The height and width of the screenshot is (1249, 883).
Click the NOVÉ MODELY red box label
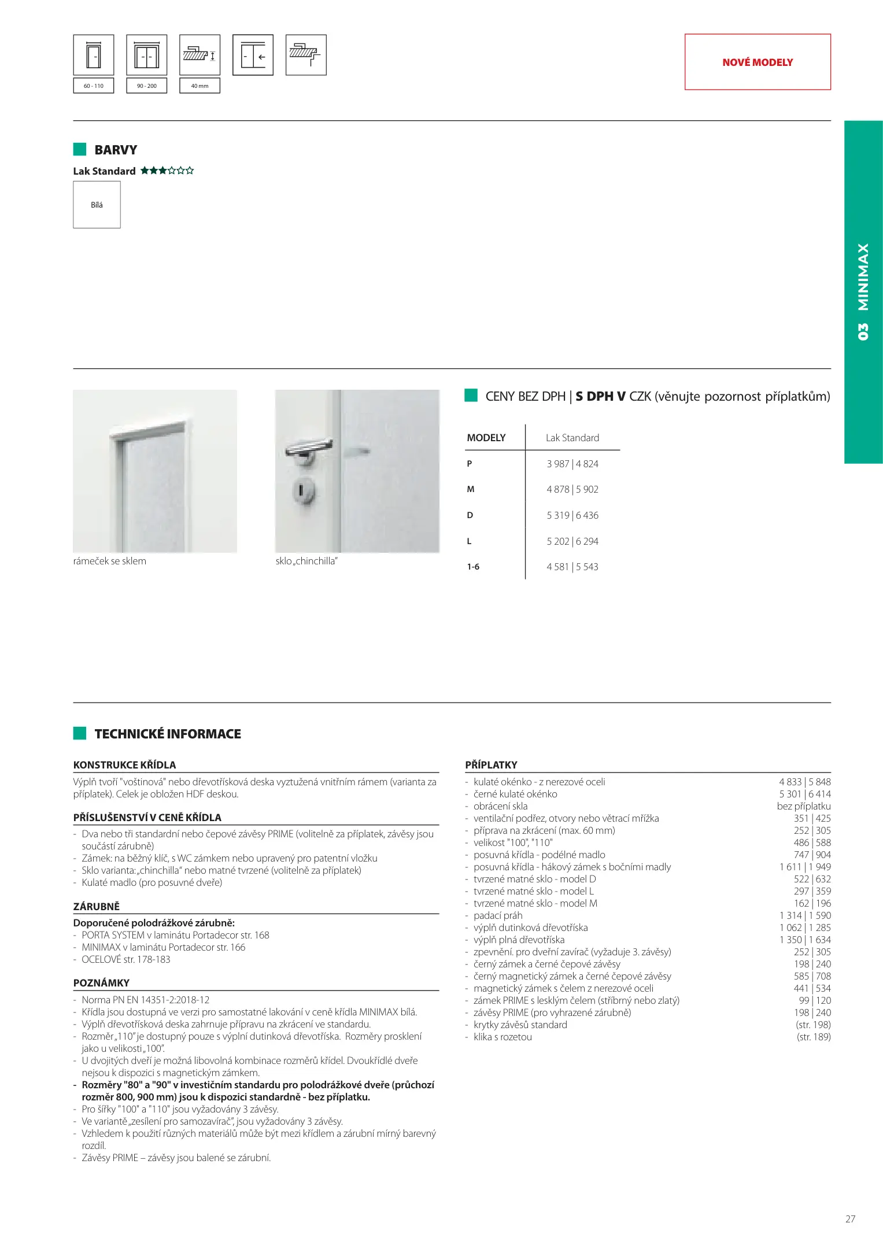pos(757,62)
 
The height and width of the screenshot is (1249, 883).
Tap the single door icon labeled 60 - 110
pos(94,56)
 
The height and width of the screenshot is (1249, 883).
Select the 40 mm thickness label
pos(199,86)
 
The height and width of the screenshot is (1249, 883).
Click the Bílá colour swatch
pos(97,205)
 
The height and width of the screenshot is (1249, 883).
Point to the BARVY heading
pos(116,150)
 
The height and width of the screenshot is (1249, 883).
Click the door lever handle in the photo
pos(309,448)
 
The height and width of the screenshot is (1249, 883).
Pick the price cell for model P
pos(572,464)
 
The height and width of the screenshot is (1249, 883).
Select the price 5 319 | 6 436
pos(572,515)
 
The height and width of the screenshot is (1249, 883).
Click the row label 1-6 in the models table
pos(473,567)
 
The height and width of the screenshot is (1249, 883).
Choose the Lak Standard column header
pos(572,438)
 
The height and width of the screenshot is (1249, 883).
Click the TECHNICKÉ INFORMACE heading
pos(168,734)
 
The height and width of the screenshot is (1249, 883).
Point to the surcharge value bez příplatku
pos(803,806)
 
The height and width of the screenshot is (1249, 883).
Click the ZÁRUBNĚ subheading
pos(96,906)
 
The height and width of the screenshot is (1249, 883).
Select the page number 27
pos(850,1219)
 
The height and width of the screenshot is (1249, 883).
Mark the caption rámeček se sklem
pos(110,561)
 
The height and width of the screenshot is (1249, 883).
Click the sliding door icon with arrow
pos(253,56)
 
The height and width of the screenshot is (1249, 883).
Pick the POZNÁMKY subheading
pos(101,982)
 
